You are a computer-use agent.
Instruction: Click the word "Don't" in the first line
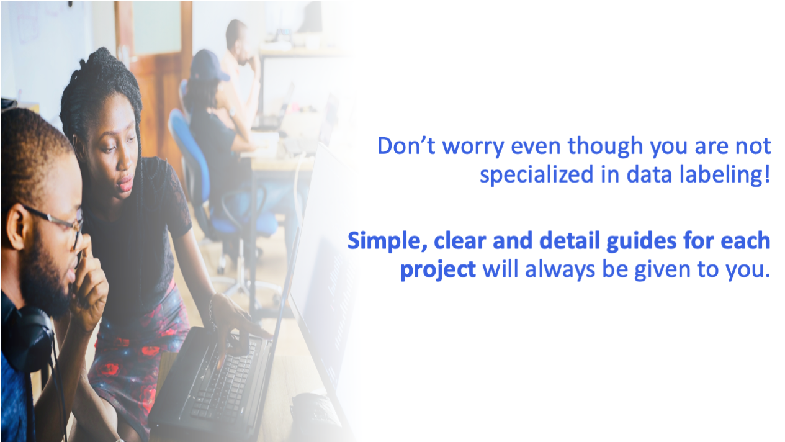click(x=406, y=146)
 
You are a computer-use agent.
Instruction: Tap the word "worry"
click(x=473, y=148)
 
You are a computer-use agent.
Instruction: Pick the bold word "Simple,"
click(x=387, y=241)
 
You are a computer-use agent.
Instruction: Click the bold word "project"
click(x=437, y=271)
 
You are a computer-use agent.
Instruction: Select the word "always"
click(x=560, y=270)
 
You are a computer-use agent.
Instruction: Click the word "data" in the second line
click(x=649, y=174)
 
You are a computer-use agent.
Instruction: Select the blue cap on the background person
click(x=209, y=66)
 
